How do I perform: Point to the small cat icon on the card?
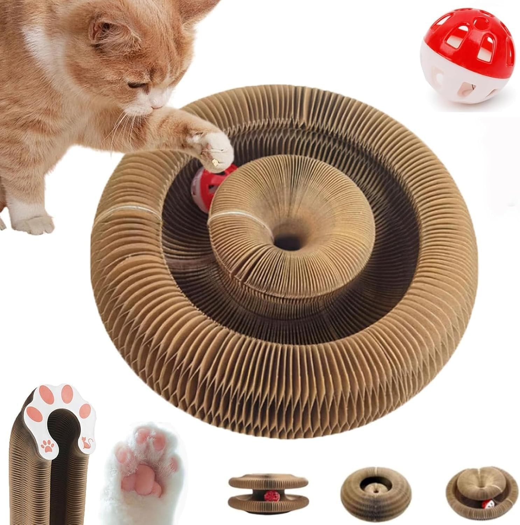[x=85, y=442]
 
